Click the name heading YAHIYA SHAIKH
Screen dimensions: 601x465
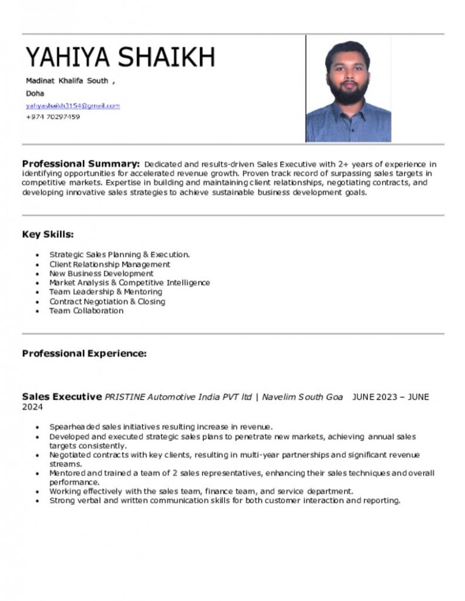tap(120, 57)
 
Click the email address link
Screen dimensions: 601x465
tap(73, 105)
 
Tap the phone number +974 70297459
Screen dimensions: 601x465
tap(53, 117)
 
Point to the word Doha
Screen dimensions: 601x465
tap(35, 93)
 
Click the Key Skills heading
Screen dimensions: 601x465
tap(48, 234)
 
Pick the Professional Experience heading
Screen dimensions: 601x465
tap(84, 353)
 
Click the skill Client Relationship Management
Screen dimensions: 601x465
tap(110, 264)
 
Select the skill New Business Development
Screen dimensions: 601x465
tap(101, 273)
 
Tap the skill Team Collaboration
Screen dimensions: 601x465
tap(86, 311)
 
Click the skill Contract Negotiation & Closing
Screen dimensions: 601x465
tap(107, 301)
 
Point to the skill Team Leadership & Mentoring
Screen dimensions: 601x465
tap(105, 292)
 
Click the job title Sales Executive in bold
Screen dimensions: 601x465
tap(62, 397)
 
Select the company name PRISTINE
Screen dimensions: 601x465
tap(125, 397)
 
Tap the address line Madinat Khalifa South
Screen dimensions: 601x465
tap(67, 80)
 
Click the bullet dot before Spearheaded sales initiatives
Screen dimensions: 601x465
tap(39, 426)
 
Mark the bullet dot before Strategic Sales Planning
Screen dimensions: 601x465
tap(39, 255)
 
